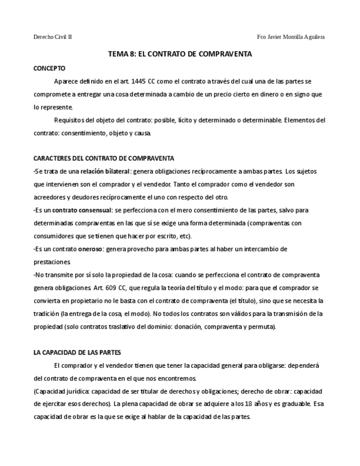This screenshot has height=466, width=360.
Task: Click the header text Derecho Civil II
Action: click(x=53, y=37)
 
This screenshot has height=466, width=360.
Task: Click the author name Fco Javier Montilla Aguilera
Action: click(x=291, y=37)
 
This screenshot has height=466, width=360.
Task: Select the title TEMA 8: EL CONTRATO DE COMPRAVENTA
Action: click(x=180, y=54)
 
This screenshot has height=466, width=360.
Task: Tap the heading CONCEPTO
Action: click(x=49, y=68)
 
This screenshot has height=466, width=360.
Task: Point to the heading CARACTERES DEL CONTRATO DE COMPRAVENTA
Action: click(x=104, y=158)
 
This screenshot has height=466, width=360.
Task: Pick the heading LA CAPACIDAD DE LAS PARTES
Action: click(x=77, y=352)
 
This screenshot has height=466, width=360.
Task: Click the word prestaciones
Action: click(x=49, y=262)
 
